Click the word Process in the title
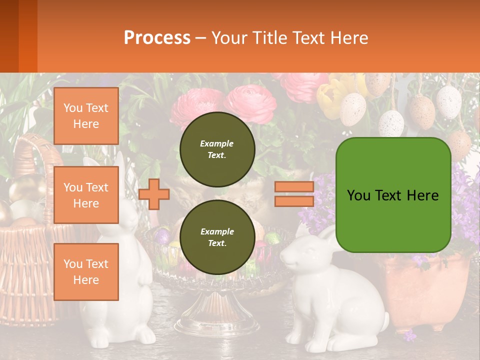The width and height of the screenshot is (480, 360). [157, 38]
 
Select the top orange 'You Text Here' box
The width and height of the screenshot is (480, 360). [86, 116]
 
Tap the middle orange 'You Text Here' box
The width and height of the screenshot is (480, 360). [86, 195]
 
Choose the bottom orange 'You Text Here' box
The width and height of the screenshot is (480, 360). [86, 271]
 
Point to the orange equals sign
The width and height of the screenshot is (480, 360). [294, 194]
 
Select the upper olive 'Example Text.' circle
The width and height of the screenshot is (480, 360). [217, 149]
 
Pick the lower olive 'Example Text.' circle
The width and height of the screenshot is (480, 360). [217, 237]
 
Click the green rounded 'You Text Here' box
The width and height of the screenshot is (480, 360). [393, 195]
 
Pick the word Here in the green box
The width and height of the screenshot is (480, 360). [422, 195]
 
